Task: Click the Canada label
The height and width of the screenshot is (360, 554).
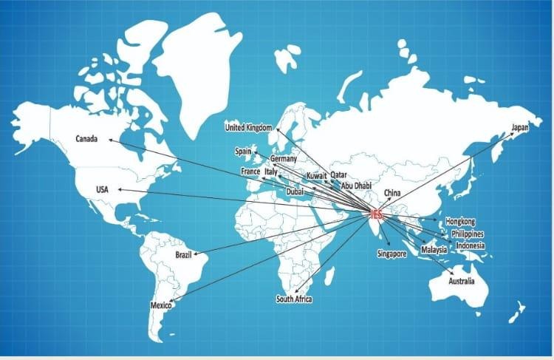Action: point(87,138)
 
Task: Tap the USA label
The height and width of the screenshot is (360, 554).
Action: point(102,190)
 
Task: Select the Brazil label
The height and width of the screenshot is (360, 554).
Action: point(183,255)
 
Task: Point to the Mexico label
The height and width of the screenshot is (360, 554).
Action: point(161,305)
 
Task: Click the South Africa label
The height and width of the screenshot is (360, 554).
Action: point(294,299)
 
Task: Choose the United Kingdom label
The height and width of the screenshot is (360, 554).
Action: point(249,128)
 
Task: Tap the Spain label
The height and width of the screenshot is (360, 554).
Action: point(244,151)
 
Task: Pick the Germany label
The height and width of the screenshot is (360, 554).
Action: point(284,159)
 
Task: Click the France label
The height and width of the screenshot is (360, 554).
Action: point(250,171)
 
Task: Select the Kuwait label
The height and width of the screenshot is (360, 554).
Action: point(316,176)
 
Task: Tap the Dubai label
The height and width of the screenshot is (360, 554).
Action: point(295,191)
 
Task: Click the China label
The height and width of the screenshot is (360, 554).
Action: point(391,194)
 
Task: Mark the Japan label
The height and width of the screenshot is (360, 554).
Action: point(519,128)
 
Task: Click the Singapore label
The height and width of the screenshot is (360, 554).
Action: point(391,254)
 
